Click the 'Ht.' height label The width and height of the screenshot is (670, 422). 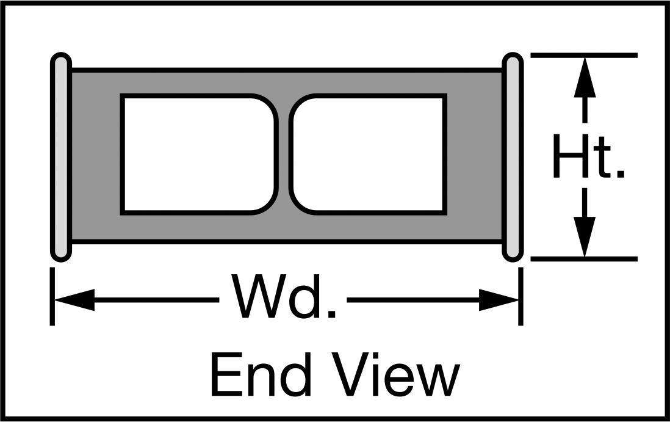(x=589, y=156)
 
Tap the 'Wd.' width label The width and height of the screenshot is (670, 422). (x=283, y=296)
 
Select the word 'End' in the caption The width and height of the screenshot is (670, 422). (x=260, y=374)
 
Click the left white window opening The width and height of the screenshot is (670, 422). (x=198, y=155)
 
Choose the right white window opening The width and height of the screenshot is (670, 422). (x=368, y=155)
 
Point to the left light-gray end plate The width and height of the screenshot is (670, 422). (x=61, y=157)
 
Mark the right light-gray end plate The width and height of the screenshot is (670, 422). (x=513, y=157)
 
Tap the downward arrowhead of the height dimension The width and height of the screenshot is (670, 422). (x=585, y=237)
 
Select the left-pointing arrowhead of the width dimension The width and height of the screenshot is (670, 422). (x=74, y=300)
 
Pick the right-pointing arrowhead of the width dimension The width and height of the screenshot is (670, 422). (x=499, y=300)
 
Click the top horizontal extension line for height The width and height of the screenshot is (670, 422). (x=584, y=55)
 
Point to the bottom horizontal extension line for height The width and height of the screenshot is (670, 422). (x=584, y=259)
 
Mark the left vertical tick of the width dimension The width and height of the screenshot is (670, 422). (x=52, y=296)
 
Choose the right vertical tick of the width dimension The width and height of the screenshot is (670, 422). (x=521, y=296)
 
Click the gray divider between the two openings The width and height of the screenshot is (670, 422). (x=284, y=155)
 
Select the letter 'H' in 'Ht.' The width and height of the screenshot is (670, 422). (x=569, y=156)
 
